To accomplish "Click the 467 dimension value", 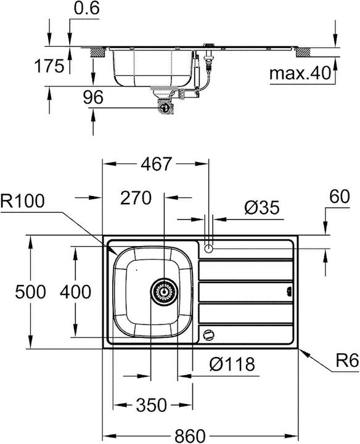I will pos(155,165).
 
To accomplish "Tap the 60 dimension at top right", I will pos(340,198).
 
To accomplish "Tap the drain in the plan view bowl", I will pos(163,291).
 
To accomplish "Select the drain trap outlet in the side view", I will pos(165,106).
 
